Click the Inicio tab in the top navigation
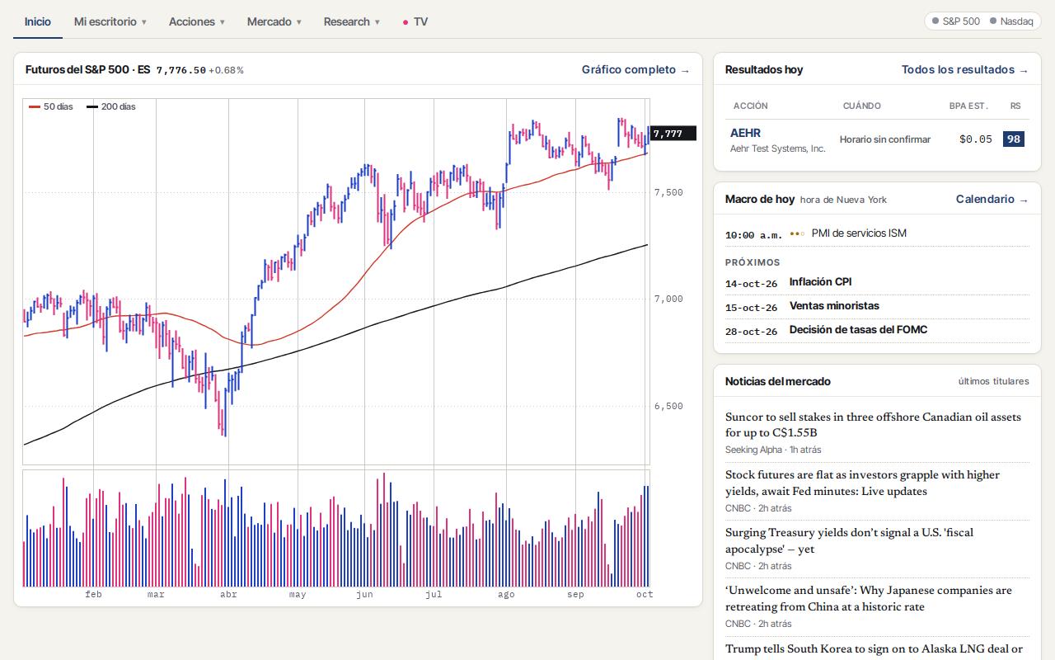click(x=38, y=21)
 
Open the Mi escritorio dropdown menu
click(x=110, y=21)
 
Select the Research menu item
click(x=351, y=21)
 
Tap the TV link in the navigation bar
click(x=415, y=21)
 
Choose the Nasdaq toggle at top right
click(x=1011, y=21)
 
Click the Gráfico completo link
click(x=635, y=70)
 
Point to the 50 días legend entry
click(x=51, y=106)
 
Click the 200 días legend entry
click(x=110, y=106)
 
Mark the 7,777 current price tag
click(x=672, y=134)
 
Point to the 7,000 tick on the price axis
click(x=668, y=299)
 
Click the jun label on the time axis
click(x=364, y=594)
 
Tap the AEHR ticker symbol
click(x=745, y=133)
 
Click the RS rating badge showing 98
click(x=1014, y=139)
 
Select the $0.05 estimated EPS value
click(x=975, y=139)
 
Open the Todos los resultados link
click(x=964, y=70)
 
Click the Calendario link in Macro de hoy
click(x=992, y=200)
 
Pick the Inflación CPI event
click(x=820, y=282)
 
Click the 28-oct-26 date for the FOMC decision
click(x=751, y=332)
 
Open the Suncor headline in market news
click(x=873, y=424)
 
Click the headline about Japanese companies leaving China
click(x=869, y=598)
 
